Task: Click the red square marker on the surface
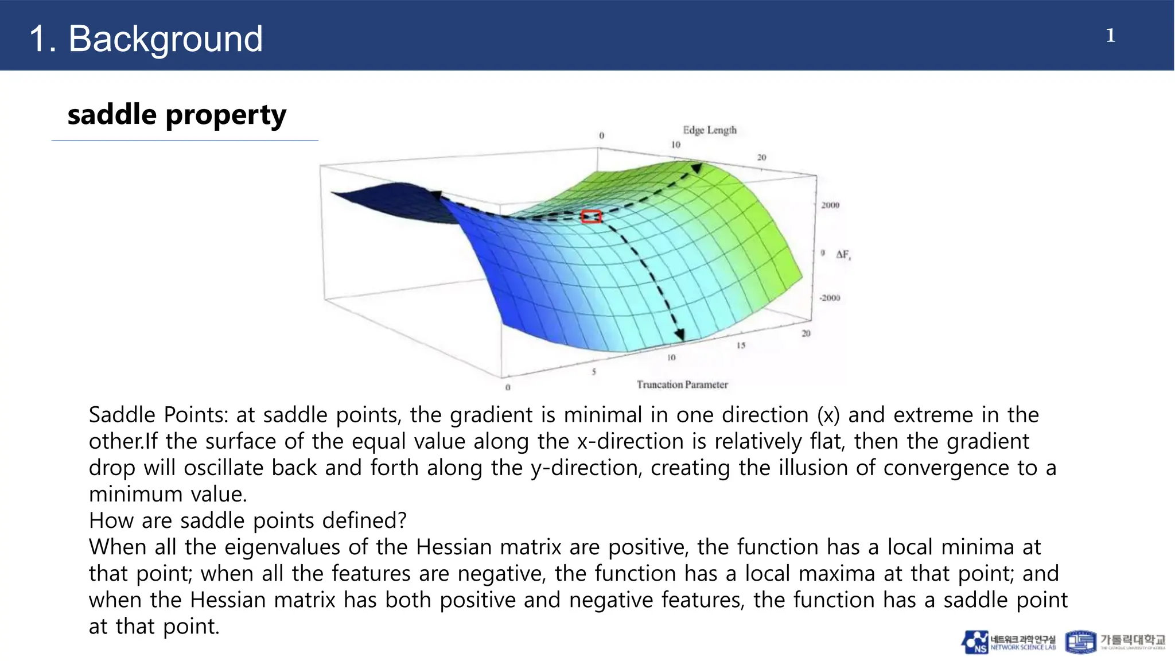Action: pyautogui.click(x=591, y=216)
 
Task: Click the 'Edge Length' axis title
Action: pyautogui.click(x=709, y=130)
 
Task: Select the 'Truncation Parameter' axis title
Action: pyautogui.click(x=682, y=384)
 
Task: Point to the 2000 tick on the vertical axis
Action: pyautogui.click(x=830, y=205)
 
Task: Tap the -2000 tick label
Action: pyautogui.click(x=830, y=298)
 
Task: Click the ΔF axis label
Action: pyautogui.click(x=843, y=254)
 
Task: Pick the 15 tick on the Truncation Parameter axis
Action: pyautogui.click(x=741, y=345)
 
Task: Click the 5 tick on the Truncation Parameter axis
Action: pyautogui.click(x=594, y=372)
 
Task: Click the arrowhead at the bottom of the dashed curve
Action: pyautogui.click(x=680, y=335)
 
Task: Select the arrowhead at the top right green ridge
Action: pyautogui.click(x=696, y=168)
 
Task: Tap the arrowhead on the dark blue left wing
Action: pyautogui.click(x=437, y=196)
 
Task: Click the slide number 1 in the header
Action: pyautogui.click(x=1110, y=36)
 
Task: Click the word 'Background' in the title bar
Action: pyautogui.click(x=165, y=39)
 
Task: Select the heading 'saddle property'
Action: pyautogui.click(x=177, y=115)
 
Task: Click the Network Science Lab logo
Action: pyautogui.click(x=1008, y=642)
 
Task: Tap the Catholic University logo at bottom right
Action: pyautogui.click(x=1115, y=642)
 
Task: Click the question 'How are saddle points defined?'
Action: pyautogui.click(x=247, y=520)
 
